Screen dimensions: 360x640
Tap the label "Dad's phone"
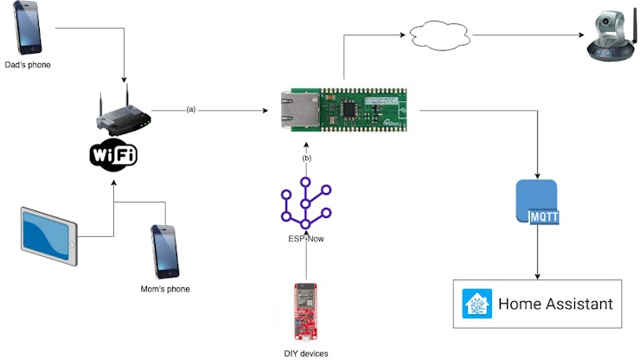(x=28, y=63)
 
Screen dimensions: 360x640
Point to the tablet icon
(x=49, y=236)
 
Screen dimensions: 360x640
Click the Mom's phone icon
(x=165, y=251)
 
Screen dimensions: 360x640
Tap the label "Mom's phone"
(x=164, y=288)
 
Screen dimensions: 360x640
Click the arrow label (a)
(x=191, y=109)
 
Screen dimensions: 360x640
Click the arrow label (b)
(x=306, y=158)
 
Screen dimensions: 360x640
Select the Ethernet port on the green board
(x=294, y=111)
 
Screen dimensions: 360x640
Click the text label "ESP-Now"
(x=306, y=238)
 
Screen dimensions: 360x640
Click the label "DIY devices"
(x=306, y=352)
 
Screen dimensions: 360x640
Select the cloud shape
(x=439, y=36)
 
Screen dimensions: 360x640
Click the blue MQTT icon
(x=537, y=203)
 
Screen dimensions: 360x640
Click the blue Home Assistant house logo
(x=477, y=304)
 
